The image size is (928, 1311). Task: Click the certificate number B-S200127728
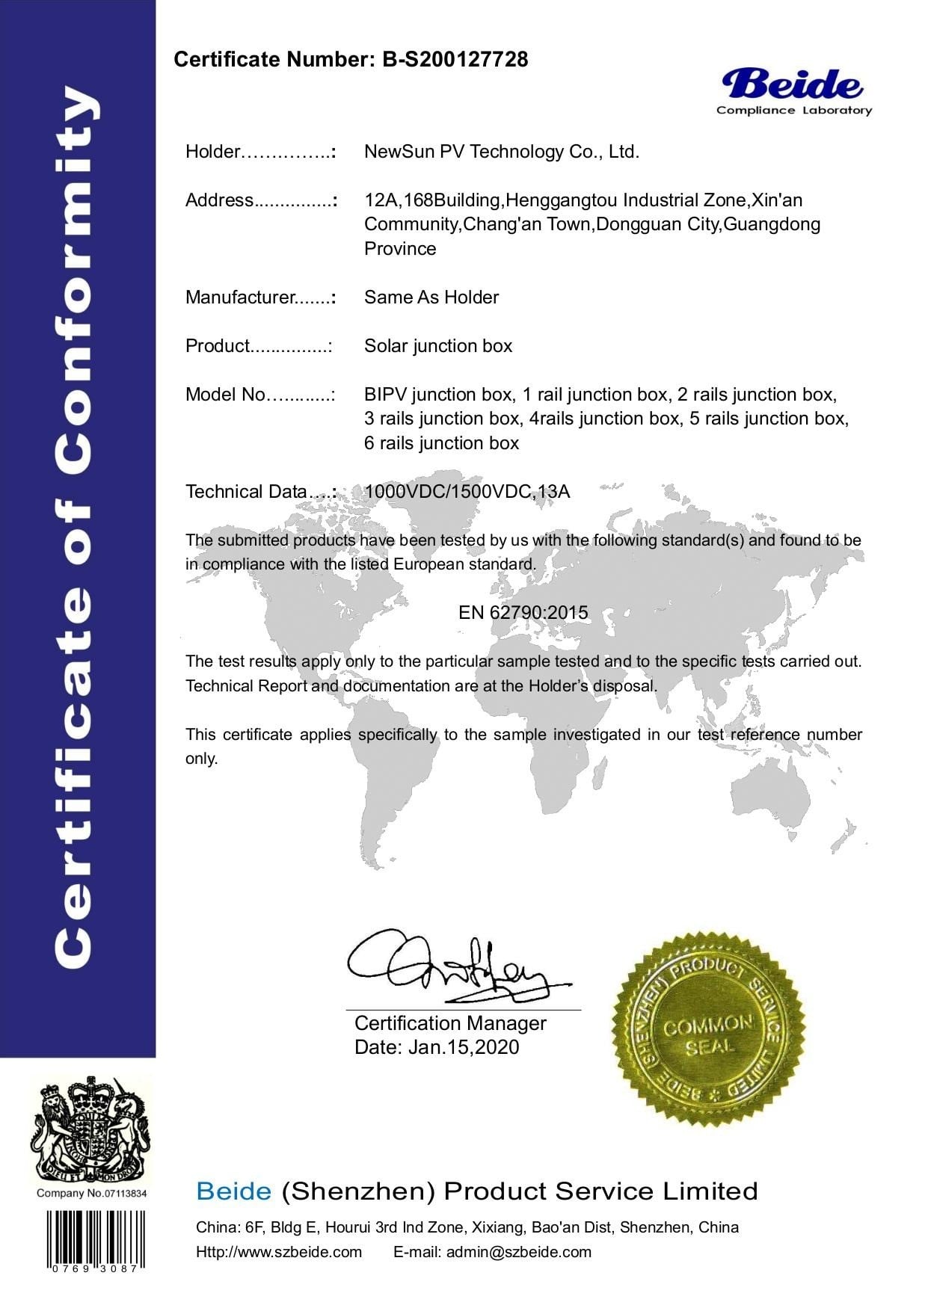(455, 60)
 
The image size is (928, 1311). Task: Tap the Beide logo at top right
(793, 84)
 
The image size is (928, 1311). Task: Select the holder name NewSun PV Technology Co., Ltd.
(501, 152)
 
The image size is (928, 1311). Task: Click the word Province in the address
(400, 249)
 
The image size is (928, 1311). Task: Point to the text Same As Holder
(431, 297)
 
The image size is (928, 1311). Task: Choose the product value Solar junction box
(438, 346)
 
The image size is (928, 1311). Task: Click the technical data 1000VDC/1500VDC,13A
(467, 492)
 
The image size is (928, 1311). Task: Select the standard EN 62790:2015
(523, 613)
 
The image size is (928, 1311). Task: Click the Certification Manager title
(450, 1023)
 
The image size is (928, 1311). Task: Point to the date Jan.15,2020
(464, 1047)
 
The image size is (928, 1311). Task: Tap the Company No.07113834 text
(92, 1193)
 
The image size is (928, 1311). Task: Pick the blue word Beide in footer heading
(233, 1191)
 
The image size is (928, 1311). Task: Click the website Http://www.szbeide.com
(278, 1252)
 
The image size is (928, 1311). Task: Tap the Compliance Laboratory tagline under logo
(793, 111)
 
